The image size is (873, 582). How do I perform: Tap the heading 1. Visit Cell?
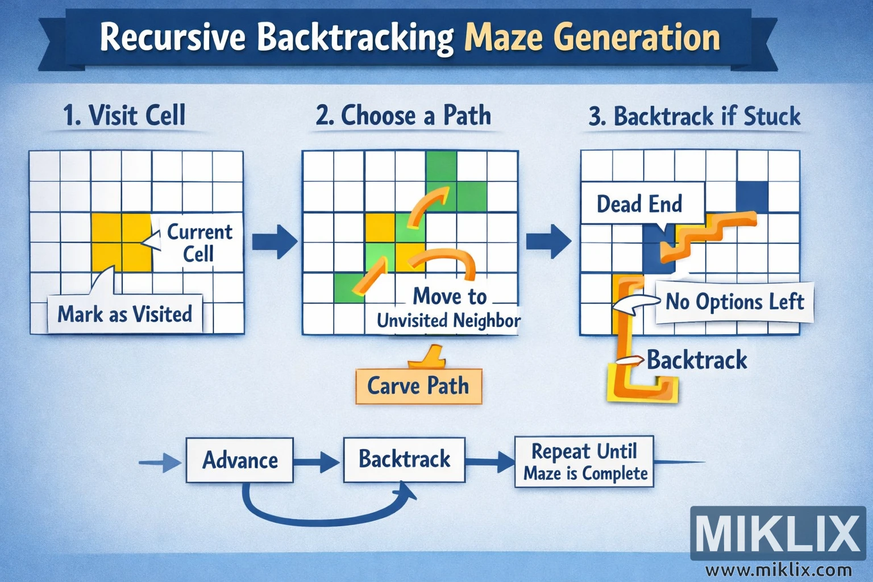click(x=124, y=115)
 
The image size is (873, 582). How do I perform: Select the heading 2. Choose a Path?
click(x=403, y=115)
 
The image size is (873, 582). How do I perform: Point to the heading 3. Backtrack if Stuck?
click(x=695, y=117)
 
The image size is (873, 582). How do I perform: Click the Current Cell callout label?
click(x=199, y=243)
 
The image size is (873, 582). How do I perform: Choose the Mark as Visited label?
click(x=125, y=314)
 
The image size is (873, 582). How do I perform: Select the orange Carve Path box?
click(x=418, y=386)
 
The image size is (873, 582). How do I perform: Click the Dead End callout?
click(x=639, y=203)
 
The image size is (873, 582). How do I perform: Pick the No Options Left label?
click(x=734, y=302)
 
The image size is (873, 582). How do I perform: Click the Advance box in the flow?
click(x=240, y=460)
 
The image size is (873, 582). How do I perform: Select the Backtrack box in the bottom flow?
click(x=404, y=459)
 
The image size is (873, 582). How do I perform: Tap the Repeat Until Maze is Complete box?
click(x=585, y=462)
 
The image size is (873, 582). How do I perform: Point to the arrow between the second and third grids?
click(x=548, y=241)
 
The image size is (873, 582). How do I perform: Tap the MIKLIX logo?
click(x=778, y=533)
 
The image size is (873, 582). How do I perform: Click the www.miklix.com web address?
click(x=779, y=569)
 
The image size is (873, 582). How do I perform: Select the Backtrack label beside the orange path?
click(x=697, y=360)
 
